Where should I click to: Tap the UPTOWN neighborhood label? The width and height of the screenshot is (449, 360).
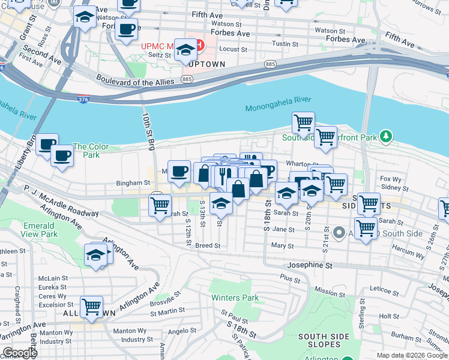[206, 64]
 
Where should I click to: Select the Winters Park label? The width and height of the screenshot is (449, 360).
[235, 298]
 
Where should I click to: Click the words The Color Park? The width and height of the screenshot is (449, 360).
[91, 151]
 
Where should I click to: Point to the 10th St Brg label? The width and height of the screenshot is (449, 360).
[148, 128]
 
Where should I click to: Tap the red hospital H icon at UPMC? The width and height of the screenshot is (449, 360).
[200, 45]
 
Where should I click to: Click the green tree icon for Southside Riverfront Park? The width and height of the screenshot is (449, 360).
[387, 137]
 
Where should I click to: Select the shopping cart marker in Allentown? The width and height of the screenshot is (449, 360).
[91, 307]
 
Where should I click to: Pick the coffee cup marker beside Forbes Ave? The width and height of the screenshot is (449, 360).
[126, 29]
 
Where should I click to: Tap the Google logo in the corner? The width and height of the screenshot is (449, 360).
[20, 353]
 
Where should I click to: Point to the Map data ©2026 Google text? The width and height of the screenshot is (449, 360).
[411, 355]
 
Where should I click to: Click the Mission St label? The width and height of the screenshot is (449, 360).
[330, 292]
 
